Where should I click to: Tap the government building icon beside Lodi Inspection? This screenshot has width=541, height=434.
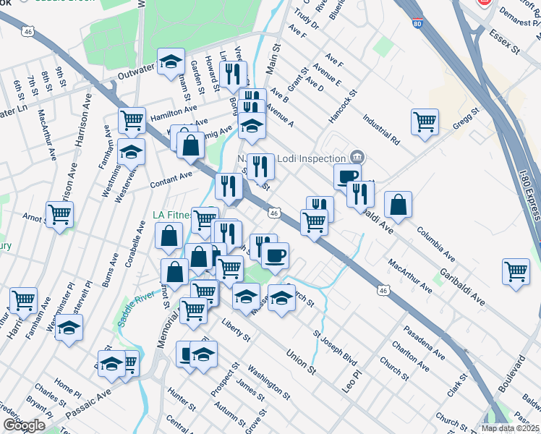(x=357, y=157)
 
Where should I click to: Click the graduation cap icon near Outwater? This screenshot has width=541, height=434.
(x=171, y=61)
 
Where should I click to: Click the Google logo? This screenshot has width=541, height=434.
(x=24, y=425)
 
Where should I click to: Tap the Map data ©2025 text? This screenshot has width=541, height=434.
(x=509, y=428)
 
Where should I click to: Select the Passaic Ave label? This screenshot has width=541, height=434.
(x=88, y=404)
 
